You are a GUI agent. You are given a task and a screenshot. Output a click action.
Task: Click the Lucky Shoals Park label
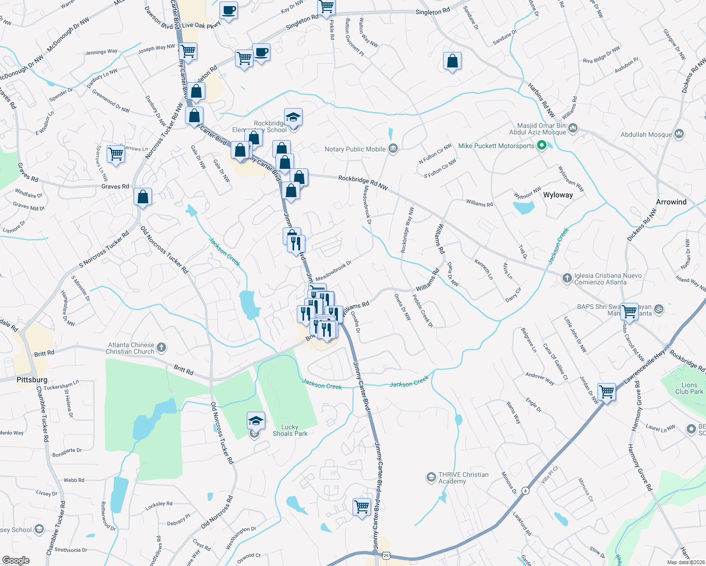[290, 430]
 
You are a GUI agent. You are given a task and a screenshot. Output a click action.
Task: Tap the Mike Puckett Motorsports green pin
[542, 146]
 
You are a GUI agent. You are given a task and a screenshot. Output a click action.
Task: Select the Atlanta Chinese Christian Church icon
[161, 348]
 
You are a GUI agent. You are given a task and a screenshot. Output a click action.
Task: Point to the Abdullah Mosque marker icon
[679, 134]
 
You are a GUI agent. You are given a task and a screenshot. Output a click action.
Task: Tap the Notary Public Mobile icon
[393, 149]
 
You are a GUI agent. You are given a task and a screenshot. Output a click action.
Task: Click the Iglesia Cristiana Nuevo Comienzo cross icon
[567, 278]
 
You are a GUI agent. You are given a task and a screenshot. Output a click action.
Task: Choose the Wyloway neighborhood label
[558, 195]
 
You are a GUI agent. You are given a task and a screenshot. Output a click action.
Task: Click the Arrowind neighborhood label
[671, 202]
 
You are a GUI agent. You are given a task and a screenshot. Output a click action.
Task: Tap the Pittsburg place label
[32, 380]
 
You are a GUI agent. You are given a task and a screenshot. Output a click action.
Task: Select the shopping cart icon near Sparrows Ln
[116, 154]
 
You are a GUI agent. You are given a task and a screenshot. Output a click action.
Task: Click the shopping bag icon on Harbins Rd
[452, 61]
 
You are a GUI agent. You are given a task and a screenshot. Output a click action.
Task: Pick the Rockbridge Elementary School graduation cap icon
[293, 117]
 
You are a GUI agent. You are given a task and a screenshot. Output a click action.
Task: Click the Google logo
[16, 560]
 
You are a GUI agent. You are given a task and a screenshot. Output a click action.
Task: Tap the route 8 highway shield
[525, 491]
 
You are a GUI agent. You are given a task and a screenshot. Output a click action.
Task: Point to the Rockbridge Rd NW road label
[363, 183]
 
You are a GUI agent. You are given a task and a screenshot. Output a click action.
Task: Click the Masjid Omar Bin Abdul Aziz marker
[573, 128]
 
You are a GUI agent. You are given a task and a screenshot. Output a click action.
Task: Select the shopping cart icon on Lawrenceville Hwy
[606, 391]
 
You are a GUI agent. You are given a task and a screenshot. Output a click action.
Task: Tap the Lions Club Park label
[689, 388]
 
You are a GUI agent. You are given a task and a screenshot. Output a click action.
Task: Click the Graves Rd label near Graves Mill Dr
[115, 186]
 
